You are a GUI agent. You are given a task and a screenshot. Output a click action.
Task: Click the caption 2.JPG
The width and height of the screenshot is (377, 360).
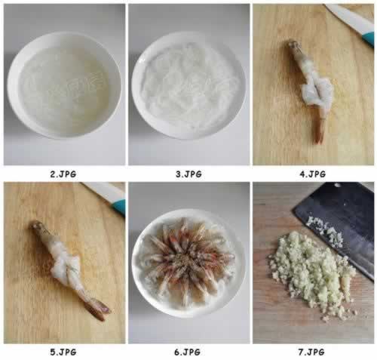tap(63, 174)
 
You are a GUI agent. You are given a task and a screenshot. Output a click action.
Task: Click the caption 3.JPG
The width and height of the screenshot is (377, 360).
tap(188, 174)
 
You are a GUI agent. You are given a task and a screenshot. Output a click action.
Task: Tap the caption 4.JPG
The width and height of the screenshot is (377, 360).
tap(312, 174)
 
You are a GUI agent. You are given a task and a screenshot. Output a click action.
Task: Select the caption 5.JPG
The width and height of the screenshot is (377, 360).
tap(63, 352)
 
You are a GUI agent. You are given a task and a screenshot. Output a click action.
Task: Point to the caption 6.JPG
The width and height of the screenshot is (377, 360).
tap(188, 352)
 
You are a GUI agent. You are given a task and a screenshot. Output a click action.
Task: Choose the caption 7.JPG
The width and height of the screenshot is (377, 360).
tap(312, 352)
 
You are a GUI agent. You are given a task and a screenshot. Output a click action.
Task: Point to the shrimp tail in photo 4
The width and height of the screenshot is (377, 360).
tap(319, 132)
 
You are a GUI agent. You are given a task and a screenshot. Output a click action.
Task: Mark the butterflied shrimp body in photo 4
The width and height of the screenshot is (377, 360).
tap(311, 94)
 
